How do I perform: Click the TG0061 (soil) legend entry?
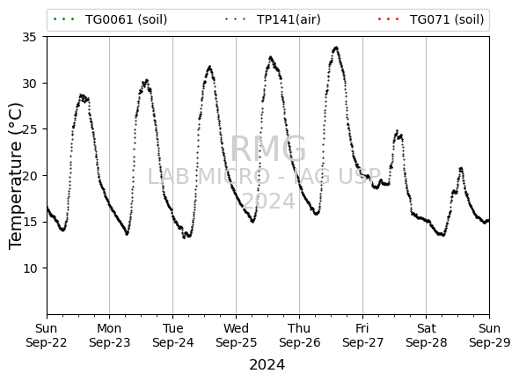(x=110, y=19)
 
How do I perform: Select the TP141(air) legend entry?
(x=273, y=19)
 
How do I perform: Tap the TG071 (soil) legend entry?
(x=431, y=19)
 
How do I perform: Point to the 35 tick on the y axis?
(x=29, y=37)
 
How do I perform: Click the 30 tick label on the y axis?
(x=29, y=84)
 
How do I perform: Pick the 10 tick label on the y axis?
(x=29, y=268)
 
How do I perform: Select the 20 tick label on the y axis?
(x=29, y=176)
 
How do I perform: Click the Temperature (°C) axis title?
(x=16, y=176)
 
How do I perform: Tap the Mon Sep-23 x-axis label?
(x=110, y=335)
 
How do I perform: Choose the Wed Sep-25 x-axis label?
(x=236, y=335)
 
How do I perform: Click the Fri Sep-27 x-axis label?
(x=362, y=335)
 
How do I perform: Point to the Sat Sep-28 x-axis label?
(x=427, y=335)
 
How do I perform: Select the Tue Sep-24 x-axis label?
(x=172, y=335)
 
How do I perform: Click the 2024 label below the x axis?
(x=267, y=365)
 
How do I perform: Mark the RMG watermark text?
(x=268, y=149)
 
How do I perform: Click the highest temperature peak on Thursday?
(x=336, y=48)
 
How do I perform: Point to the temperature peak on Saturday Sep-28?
(x=461, y=168)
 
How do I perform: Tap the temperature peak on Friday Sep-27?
(x=398, y=131)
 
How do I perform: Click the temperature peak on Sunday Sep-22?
(x=82, y=95)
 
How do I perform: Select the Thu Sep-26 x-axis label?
(x=300, y=335)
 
